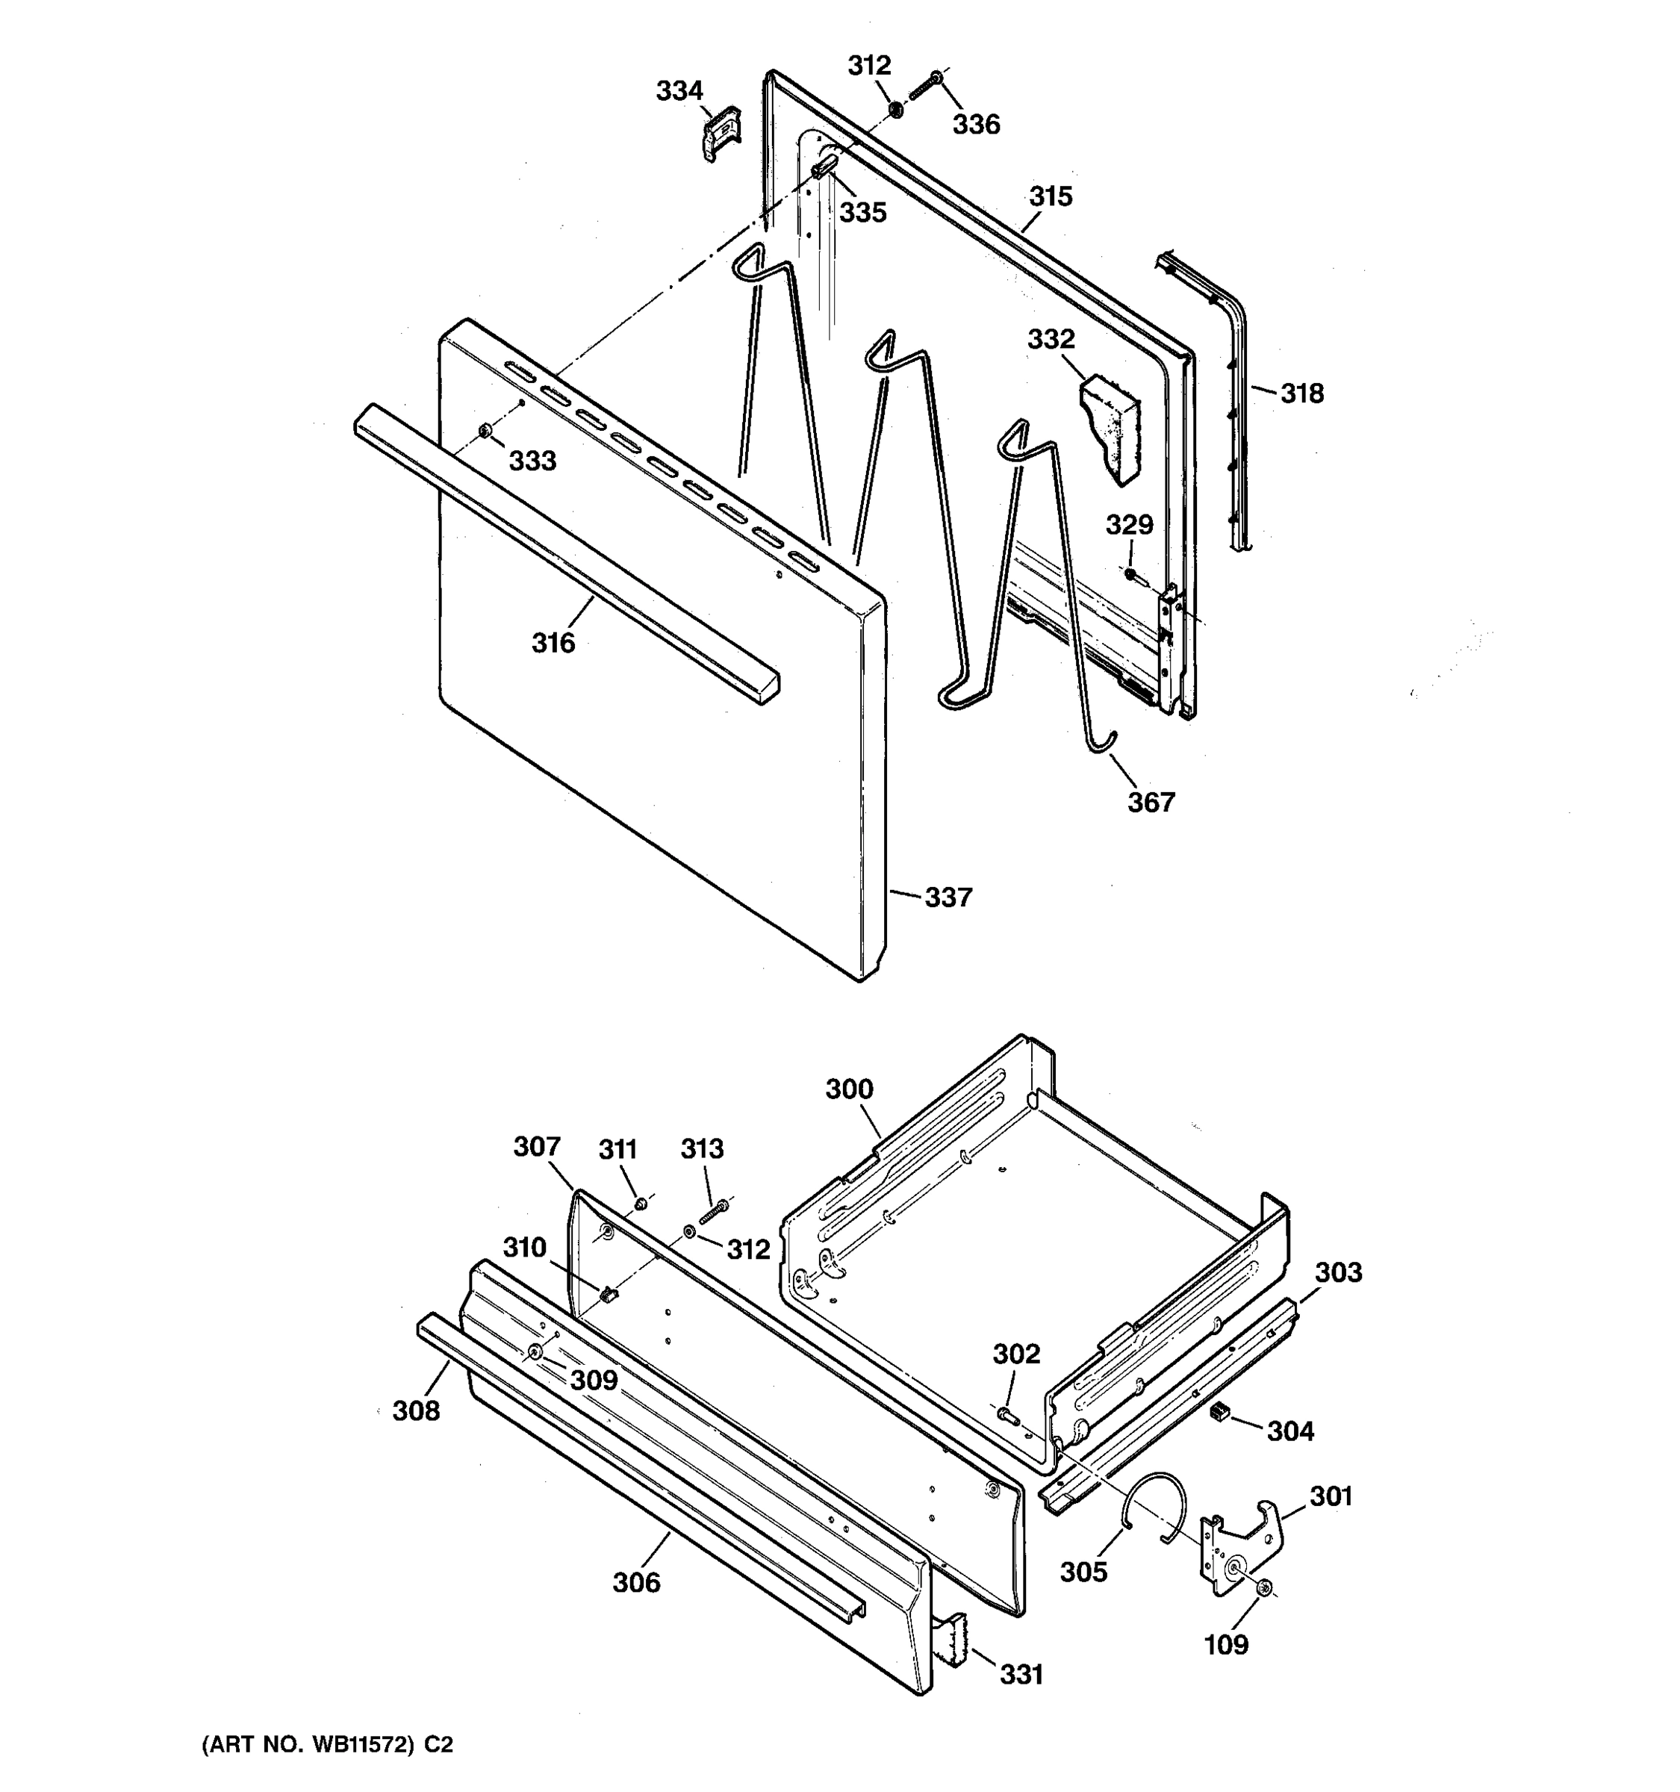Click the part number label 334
679,91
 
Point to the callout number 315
1050,196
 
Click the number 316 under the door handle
553,643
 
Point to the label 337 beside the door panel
948,897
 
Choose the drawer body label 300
849,1089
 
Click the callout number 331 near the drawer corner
1021,1674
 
